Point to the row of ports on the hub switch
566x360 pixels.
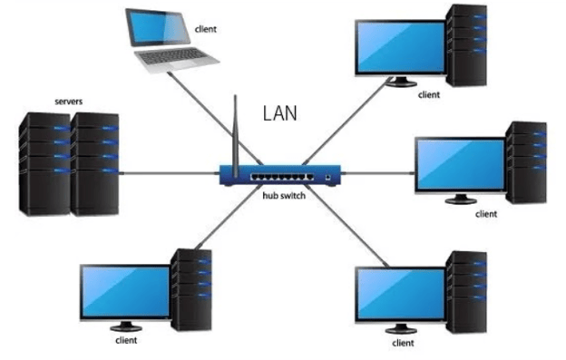[x=281, y=173]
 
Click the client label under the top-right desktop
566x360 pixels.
[x=428, y=93]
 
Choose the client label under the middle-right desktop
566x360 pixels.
[x=486, y=214]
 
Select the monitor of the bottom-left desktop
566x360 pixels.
[x=123, y=290]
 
